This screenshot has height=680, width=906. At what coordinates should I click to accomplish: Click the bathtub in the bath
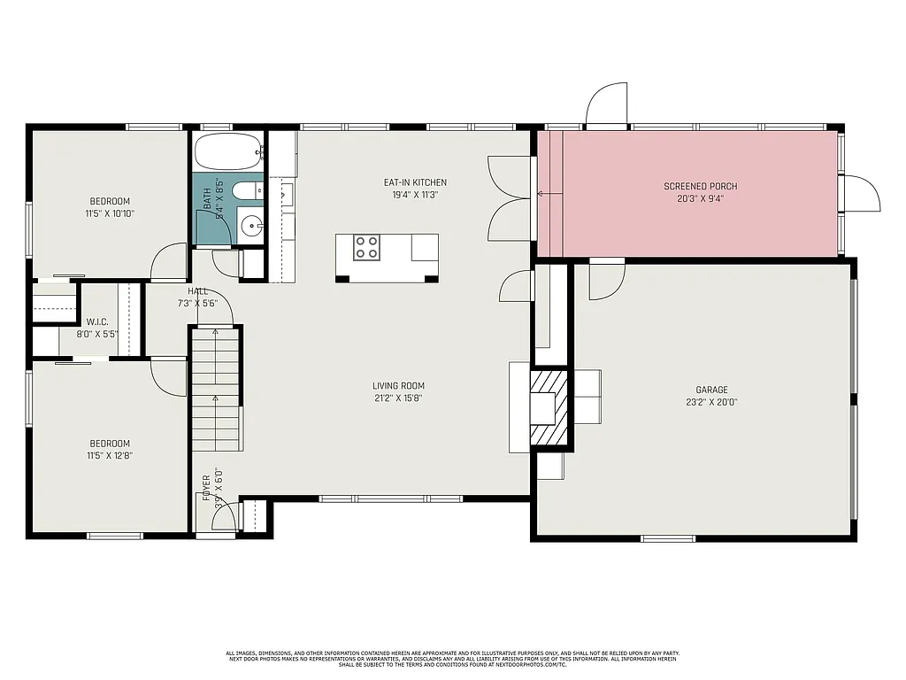(228, 152)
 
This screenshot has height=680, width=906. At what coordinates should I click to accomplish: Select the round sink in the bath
(252, 226)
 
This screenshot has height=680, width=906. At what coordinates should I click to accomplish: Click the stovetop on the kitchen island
(366, 247)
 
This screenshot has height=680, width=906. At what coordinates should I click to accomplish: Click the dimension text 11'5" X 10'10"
(110, 213)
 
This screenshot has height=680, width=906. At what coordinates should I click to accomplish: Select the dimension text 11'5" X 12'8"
(110, 456)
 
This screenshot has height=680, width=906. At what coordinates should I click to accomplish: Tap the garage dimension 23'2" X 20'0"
(711, 402)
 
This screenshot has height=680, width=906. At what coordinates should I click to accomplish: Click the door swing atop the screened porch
(607, 104)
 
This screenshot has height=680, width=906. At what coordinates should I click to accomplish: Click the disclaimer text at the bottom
(452, 658)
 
